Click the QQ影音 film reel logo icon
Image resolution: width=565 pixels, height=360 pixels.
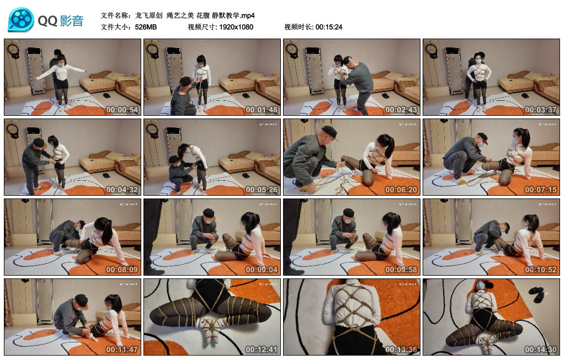[x=21, y=20]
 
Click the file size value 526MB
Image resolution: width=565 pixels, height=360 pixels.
[x=146, y=26]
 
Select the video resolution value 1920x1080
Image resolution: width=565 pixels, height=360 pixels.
[x=236, y=26]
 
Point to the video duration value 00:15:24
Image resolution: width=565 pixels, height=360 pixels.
[x=329, y=26]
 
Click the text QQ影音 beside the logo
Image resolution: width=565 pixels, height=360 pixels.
[x=61, y=21]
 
